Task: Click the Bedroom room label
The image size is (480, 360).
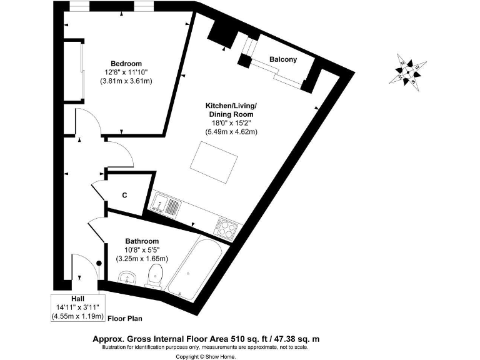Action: point(126,64)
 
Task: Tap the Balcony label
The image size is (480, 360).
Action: point(282,59)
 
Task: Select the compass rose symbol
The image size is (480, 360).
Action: point(407,70)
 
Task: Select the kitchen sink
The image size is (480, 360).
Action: point(166,204)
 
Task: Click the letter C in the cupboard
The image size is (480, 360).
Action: point(124,196)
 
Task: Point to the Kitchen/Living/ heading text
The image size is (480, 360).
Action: point(232,106)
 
